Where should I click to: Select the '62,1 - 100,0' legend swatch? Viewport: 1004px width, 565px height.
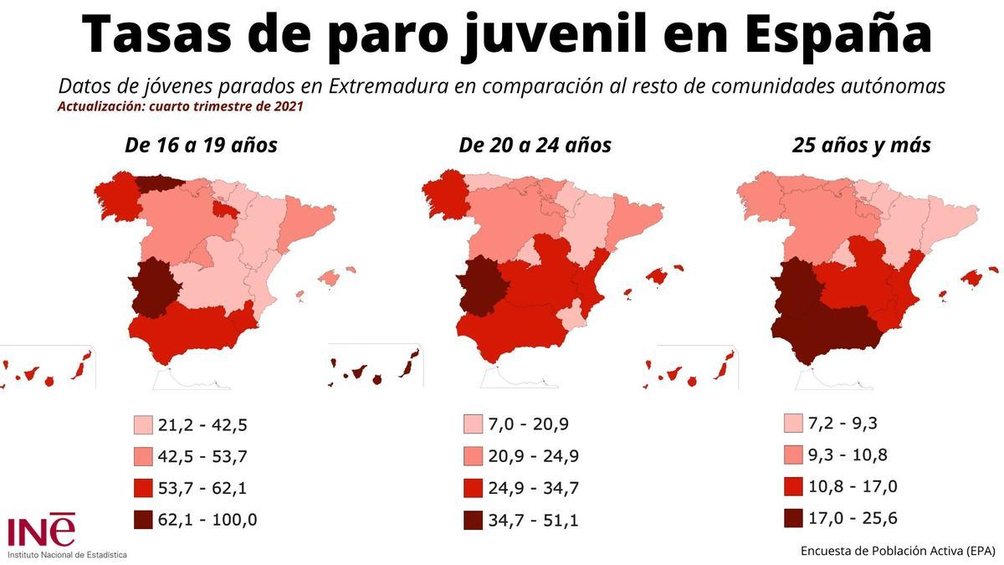click(143, 520)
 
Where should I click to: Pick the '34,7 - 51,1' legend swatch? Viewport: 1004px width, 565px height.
click(474, 520)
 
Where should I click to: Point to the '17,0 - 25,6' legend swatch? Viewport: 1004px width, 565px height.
click(794, 518)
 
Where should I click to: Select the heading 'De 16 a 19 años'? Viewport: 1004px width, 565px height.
click(201, 146)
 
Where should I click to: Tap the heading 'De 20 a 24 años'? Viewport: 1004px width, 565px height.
click(535, 146)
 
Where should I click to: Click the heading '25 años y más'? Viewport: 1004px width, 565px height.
click(862, 146)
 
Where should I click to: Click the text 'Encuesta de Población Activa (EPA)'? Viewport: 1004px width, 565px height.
click(898, 550)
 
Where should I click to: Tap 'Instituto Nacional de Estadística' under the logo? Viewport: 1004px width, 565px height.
click(68, 554)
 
